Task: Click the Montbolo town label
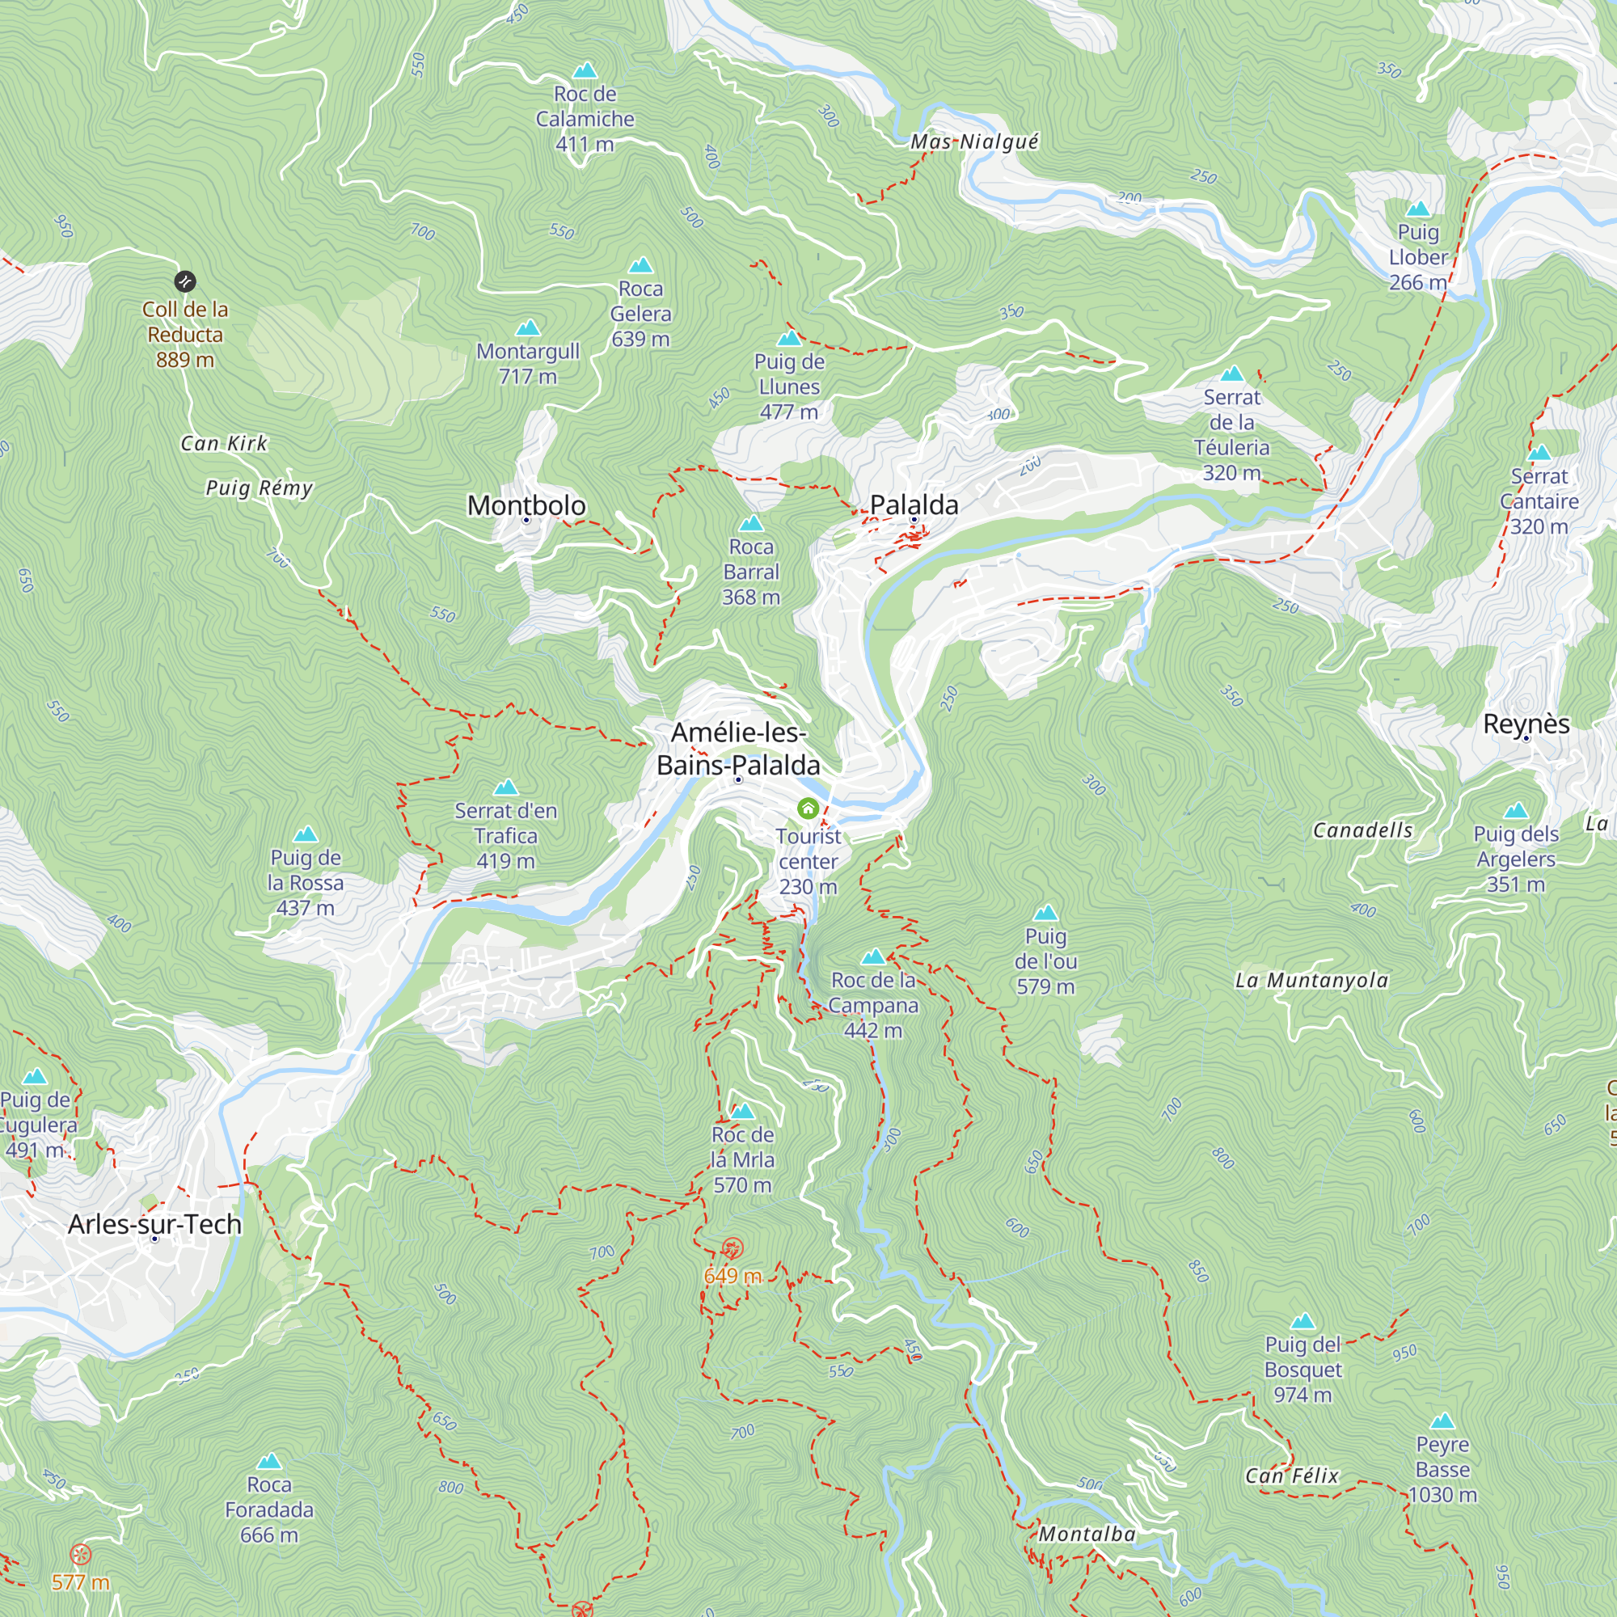pos(526,505)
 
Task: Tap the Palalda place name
pos(914,505)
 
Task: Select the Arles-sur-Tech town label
pos(155,1223)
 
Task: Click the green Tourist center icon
pos(808,808)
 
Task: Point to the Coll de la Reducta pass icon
pos(185,281)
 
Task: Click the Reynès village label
pos(1526,724)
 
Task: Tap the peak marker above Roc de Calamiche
pos(585,70)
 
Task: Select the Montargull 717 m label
pos(528,363)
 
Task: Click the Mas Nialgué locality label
pos(974,141)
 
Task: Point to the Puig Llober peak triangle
pos(1418,209)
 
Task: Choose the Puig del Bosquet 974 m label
pos(1303,1370)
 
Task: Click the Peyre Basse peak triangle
pos(1442,1421)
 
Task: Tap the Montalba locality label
pos(1087,1535)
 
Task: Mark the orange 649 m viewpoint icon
pos(733,1250)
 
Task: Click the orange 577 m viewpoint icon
pos(81,1555)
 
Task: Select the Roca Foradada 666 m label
pos(268,1509)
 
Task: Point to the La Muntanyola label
pos(1311,980)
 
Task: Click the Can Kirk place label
pos(223,444)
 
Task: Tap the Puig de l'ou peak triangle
pos(1045,913)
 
